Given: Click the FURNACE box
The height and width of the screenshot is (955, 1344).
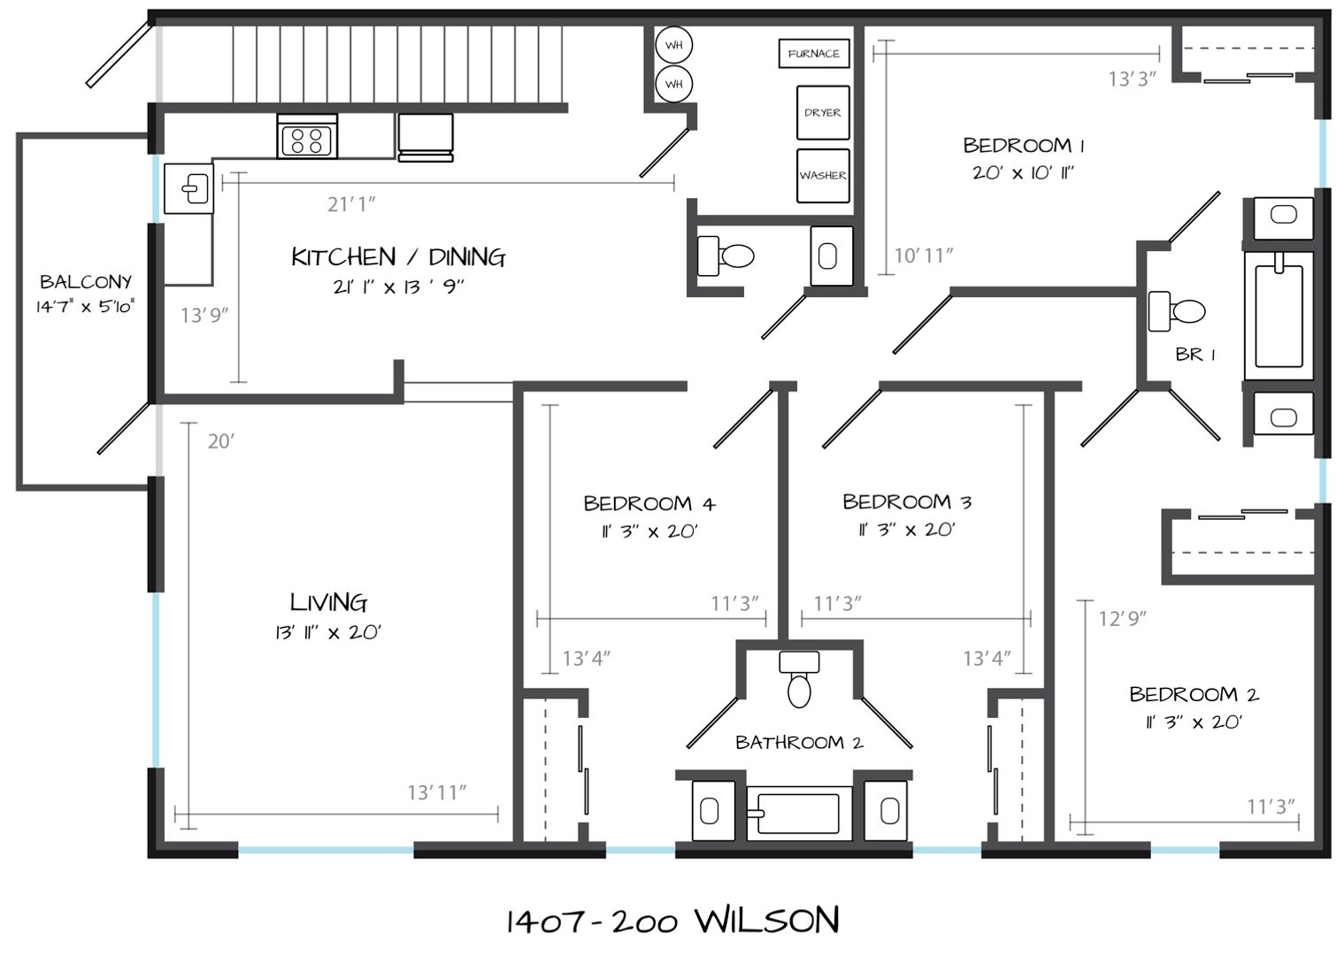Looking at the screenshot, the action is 814,53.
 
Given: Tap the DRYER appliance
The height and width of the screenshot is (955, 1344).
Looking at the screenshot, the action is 823,112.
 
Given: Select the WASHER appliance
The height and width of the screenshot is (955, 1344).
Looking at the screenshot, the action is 823,176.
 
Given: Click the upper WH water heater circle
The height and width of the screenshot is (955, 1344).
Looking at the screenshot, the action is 674,45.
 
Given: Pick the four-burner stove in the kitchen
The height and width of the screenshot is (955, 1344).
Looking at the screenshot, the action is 307,136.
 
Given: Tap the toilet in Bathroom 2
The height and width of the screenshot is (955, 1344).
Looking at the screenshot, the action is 799,679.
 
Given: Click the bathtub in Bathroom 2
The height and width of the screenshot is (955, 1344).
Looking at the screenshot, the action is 799,814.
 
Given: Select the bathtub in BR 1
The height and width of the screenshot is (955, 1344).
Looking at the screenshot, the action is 1279,316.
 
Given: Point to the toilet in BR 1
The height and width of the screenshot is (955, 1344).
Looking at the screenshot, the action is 1176,311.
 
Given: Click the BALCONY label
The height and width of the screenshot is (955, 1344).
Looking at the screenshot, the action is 86,282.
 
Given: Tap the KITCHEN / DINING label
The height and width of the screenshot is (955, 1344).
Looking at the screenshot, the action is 398,257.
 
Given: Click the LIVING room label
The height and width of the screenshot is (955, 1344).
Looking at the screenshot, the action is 328,602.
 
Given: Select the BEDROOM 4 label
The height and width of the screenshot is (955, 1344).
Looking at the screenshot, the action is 649,503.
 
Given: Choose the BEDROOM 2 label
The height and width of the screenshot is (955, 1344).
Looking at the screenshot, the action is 1194,694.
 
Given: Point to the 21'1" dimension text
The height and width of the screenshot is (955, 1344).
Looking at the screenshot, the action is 351,204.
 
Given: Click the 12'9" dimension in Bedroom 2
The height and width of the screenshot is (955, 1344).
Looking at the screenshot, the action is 1122,618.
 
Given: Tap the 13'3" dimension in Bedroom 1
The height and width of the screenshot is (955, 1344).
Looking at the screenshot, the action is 1132,79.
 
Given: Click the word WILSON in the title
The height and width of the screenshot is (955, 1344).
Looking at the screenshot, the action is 766,921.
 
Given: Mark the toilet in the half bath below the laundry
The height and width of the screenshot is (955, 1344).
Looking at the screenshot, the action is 726,256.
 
